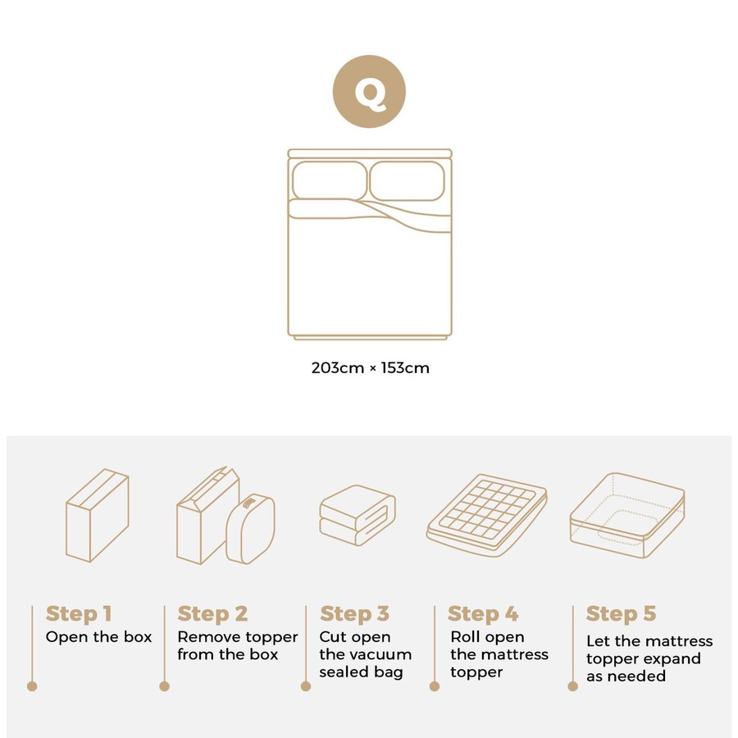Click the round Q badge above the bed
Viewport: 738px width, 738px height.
tap(369, 91)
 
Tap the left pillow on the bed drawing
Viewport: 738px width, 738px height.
tap(330, 180)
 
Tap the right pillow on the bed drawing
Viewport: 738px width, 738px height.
tap(408, 180)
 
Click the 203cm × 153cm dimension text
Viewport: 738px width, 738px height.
tap(370, 368)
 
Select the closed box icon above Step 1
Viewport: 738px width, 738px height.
tap(98, 516)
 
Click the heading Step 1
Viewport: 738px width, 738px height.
tap(79, 613)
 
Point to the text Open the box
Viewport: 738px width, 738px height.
tap(98, 637)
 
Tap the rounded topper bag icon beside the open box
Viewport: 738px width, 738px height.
tap(250, 528)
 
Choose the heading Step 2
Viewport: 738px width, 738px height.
tap(212, 613)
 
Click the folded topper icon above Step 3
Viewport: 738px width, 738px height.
tap(357, 514)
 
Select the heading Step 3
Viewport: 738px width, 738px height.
tap(354, 613)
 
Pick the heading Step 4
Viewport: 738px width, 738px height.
tap(483, 613)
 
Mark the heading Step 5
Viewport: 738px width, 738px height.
tap(621, 613)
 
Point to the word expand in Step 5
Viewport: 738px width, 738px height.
tap(674, 658)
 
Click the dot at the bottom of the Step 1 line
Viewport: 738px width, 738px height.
tap(32, 686)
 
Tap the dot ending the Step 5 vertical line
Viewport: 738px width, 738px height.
tap(572, 686)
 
